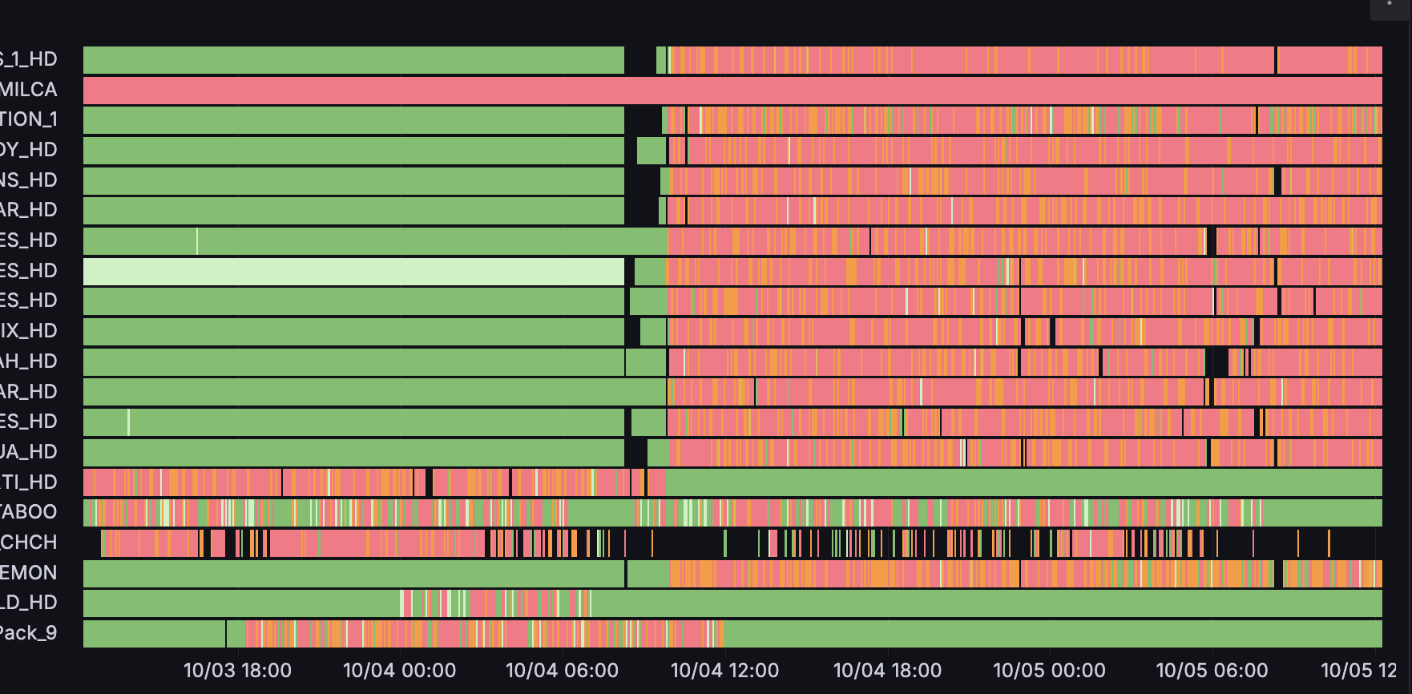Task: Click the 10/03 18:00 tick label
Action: click(237, 670)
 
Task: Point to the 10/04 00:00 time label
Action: click(399, 670)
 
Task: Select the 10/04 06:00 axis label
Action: click(562, 670)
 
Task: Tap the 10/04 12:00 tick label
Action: click(724, 670)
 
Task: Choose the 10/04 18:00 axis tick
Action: click(887, 670)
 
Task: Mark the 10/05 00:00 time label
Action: click(1049, 670)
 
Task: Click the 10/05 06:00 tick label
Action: click(1212, 670)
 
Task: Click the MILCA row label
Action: click(29, 89)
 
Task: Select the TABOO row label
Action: click(29, 511)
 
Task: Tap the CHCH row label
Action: click(29, 542)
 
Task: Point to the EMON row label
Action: click(29, 572)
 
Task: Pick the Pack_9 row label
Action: click(29, 633)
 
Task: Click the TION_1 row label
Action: click(29, 119)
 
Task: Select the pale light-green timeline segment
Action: click(353, 272)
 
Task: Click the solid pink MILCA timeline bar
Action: click(732, 91)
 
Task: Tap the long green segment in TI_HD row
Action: click(1024, 482)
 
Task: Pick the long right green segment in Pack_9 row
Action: click(1053, 633)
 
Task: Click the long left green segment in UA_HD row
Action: click(353, 453)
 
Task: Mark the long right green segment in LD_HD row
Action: click(986, 603)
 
